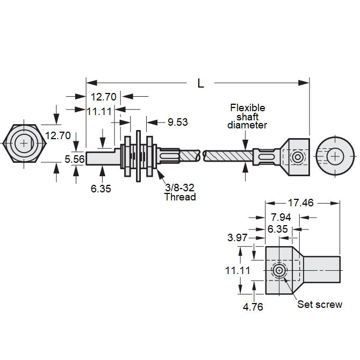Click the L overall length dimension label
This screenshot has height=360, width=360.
[x=200, y=83]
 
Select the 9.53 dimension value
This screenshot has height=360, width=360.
[x=177, y=122]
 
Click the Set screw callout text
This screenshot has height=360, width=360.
[x=320, y=304]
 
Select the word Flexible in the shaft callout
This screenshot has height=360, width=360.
[x=247, y=107]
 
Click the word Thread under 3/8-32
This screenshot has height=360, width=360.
[x=180, y=197]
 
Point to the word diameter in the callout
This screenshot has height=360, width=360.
[x=247, y=125]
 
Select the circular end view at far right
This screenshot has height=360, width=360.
[x=336, y=156]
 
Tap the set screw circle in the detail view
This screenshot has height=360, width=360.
[x=279, y=271]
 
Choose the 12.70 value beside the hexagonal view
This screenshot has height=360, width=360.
[x=57, y=135]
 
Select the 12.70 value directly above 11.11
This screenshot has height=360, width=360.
[x=104, y=97]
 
